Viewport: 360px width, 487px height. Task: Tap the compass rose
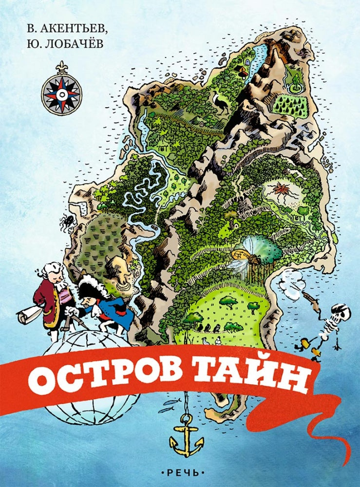(61, 93)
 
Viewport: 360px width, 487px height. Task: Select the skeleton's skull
(341, 311)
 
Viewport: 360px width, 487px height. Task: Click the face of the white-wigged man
(57, 276)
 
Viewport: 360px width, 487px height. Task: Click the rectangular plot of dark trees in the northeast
(290, 104)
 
